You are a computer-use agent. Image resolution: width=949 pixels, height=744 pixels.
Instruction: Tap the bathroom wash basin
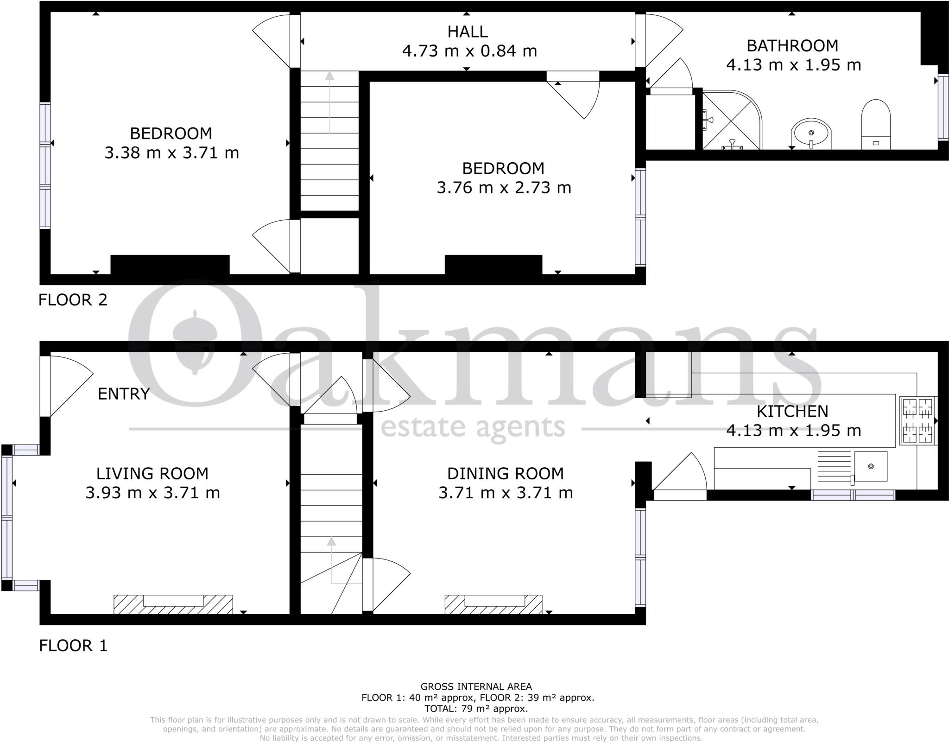point(811,134)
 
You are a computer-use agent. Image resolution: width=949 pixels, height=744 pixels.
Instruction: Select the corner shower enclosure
point(731,121)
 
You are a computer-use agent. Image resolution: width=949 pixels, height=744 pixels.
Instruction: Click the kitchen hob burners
point(918,420)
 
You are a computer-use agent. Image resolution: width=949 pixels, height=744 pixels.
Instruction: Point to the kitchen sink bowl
point(871,466)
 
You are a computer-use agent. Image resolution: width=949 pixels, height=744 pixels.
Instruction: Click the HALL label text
point(467,32)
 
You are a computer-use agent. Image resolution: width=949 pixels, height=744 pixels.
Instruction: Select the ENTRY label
point(124,394)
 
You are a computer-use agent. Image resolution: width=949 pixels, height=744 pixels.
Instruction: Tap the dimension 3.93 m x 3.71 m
point(152,492)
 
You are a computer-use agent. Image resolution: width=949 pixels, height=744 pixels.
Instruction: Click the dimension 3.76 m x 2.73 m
point(504,188)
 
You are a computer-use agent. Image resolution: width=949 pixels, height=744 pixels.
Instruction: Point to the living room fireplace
point(173,604)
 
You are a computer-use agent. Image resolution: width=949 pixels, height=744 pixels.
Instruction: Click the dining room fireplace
point(493,604)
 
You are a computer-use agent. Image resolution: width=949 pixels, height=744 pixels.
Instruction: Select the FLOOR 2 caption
point(73,300)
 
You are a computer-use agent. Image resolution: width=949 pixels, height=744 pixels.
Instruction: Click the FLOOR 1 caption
point(73,645)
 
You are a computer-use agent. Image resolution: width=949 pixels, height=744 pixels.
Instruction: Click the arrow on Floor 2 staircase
point(329,102)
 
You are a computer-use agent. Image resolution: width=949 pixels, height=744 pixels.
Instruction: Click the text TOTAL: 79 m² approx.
point(476,708)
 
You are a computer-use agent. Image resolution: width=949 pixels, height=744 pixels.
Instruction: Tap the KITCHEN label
point(792,411)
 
